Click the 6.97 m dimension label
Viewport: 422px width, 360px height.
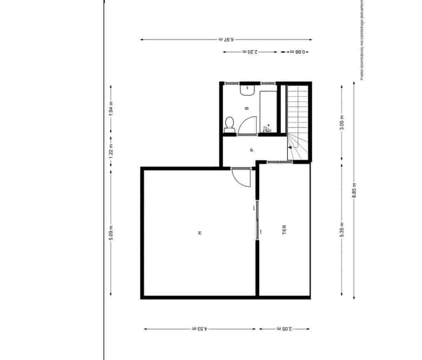226,40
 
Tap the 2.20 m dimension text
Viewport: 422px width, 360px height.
250,52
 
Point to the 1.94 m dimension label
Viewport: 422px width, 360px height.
111,109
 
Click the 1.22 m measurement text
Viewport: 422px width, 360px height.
111,153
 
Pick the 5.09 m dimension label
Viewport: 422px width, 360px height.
111,233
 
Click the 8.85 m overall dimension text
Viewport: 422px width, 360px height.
354,190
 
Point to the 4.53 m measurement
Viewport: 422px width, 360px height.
200,329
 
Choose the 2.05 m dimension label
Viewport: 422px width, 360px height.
284,329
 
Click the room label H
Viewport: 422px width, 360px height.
200,233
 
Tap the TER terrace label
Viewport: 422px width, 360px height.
284,230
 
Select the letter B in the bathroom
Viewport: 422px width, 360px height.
247,108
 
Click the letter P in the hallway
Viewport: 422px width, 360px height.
251,150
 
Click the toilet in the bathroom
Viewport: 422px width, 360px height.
229,125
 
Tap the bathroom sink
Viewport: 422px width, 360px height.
247,90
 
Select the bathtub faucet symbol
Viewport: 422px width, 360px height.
267,129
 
